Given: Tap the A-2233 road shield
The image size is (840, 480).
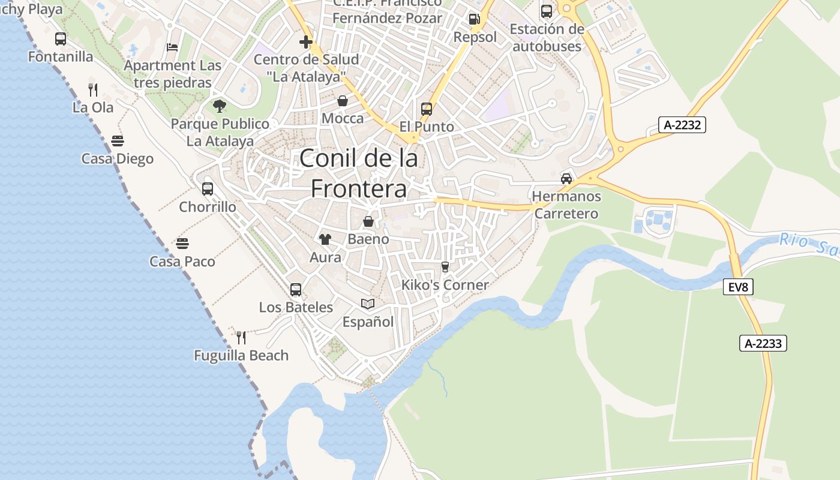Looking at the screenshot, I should [763, 343].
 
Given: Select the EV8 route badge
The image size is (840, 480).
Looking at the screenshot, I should [737, 287].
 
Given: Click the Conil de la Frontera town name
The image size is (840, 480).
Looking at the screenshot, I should [358, 173].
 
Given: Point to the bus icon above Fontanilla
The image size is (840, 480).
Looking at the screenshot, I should [61, 39].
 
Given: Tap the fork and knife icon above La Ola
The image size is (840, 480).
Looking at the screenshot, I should [93, 90].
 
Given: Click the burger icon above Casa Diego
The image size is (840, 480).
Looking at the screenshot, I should [118, 141].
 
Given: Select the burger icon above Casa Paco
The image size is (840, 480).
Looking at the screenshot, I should [182, 244].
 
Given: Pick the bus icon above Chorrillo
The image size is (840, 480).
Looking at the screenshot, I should [208, 189].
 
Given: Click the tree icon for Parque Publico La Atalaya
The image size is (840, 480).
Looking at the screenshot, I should [220, 106].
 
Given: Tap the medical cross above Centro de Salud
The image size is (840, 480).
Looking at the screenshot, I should [306, 42].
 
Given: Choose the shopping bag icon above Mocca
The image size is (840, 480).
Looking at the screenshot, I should [343, 101].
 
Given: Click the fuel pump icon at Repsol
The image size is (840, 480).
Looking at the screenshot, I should [475, 19].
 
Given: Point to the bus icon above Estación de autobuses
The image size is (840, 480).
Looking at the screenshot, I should [547, 11].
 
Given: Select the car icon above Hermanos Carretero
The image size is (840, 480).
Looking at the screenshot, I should [566, 178].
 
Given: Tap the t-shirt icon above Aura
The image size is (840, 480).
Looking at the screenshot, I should [325, 239].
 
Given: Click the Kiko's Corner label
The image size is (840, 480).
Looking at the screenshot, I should [445, 285].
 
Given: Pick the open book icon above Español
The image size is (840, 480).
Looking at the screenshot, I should [368, 304].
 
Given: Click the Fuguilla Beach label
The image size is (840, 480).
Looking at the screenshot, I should [241, 355].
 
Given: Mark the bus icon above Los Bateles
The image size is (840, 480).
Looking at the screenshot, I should [296, 290].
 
